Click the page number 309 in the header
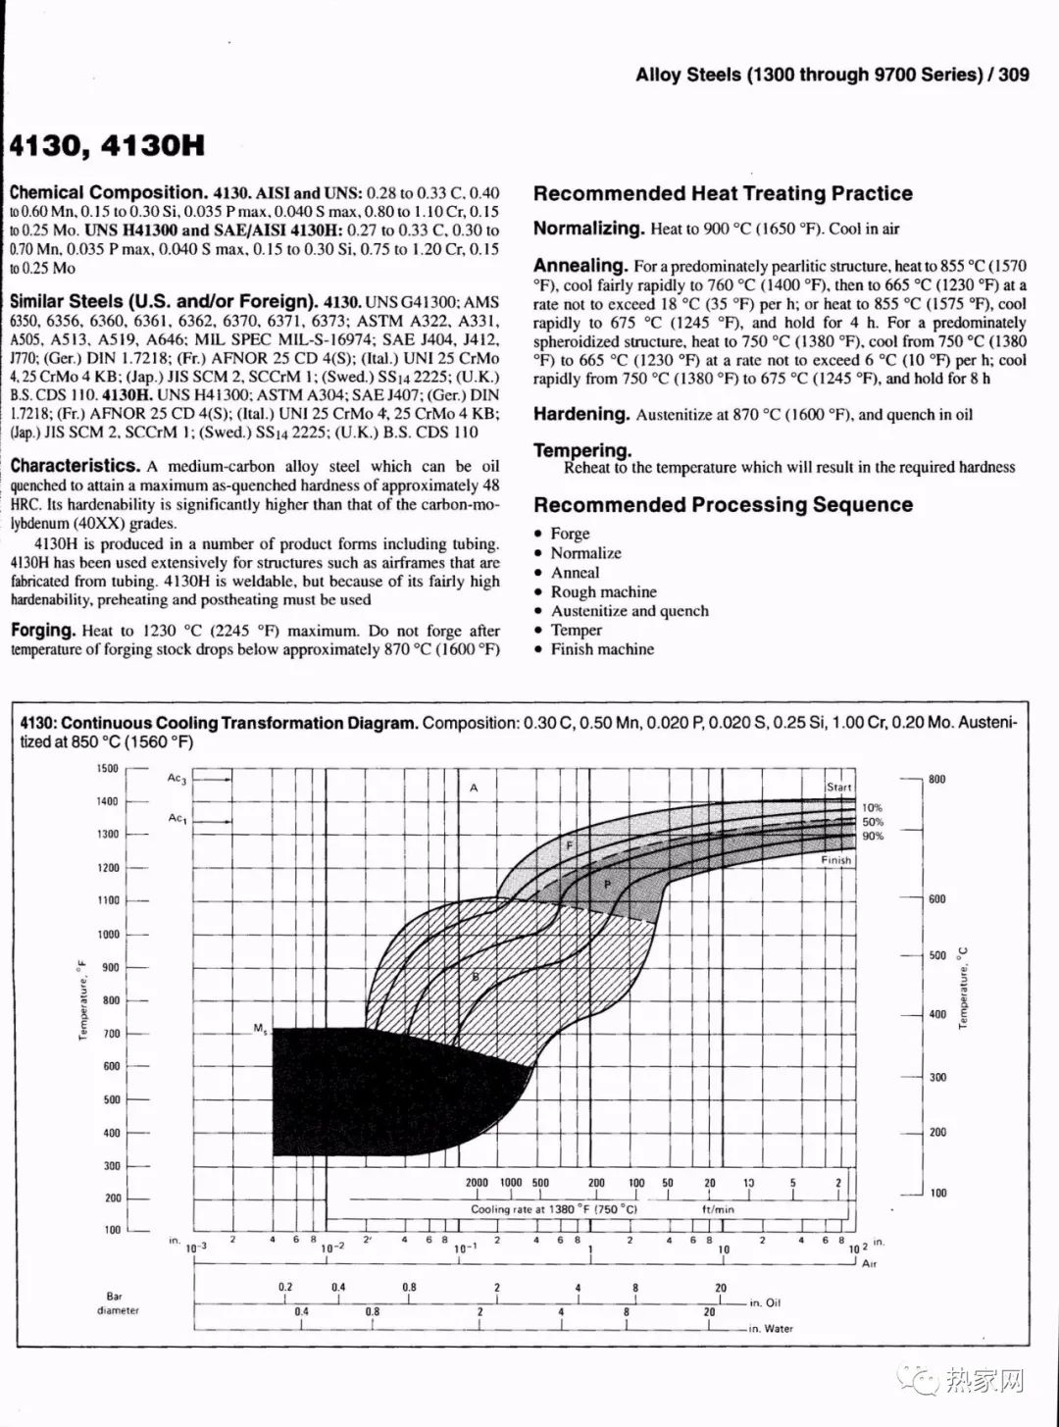pyautogui.click(x=1014, y=75)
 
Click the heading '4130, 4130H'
pyautogui.click(x=108, y=146)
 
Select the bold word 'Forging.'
pyautogui.click(x=43, y=631)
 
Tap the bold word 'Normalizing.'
pyautogui.click(x=588, y=229)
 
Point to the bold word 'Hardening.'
pyautogui.click(x=581, y=414)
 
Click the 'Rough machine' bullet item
pyautogui.click(x=603, y=591)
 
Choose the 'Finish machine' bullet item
pyautogui.click(x=601, y=649)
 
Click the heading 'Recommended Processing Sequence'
pyautogui.click(x=723, y=505)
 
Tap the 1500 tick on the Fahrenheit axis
pyautogui.click(x=107, y=769)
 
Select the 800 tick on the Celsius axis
pyautogui.click(x=937, y=780)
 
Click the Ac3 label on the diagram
pyautogui.click(x=176, y=779)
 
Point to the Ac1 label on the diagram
pyautogui.click(x=176, y=818)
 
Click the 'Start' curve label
pyautogui.click(x=839, y=788)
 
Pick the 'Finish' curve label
pyautogui.click(x=836, y=860)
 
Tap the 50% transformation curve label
pyautogui.click(x=873, y=822)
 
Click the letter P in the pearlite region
pyautogui.click(x=607, y=885)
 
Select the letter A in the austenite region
pyautogui.click(x=474, y=789)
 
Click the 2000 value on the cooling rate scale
pyautogui.click(x=477, y=1183)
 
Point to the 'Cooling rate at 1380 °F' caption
pyautogui.click(x=554, y=1209)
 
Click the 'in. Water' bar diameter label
pyautogui.click(x=771, y=1329)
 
